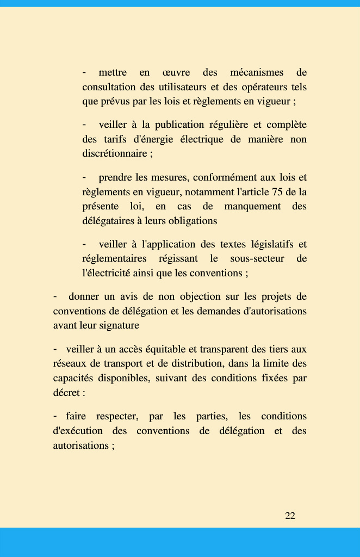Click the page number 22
(x=290, y=516)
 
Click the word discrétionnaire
(x=114, y=153)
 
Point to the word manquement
(x=252, y=207)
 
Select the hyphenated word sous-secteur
(x=257, y=258)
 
